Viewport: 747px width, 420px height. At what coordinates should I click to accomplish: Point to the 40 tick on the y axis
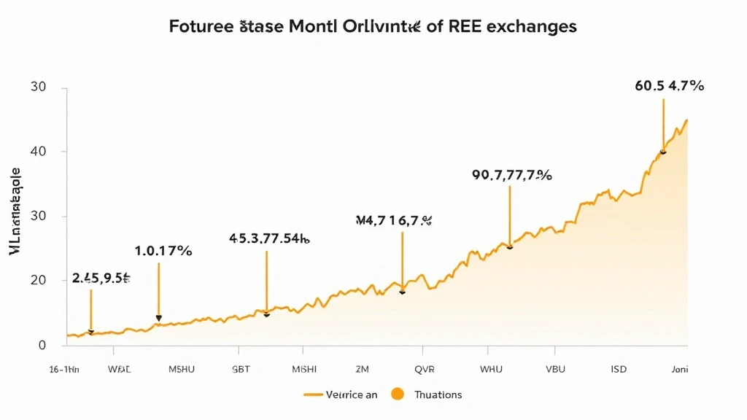(x=38, y=152)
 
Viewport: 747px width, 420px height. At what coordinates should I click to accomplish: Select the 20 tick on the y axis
(x=38, y=281)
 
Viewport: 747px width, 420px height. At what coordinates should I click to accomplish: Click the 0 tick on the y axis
(x=42, y=345)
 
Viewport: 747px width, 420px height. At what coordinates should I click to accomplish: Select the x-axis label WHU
(x=492, y=370)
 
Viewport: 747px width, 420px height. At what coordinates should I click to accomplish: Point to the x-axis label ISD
(x=619, y=370)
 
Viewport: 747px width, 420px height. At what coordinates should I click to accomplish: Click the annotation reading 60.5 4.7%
(x=670, y=86)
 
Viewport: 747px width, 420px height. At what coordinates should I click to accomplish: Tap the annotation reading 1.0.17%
(x=163, y=252)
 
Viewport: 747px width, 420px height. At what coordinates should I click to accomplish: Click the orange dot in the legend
(x=398, y=394)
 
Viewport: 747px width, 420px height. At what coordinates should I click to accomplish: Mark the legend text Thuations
(x=438, y=394)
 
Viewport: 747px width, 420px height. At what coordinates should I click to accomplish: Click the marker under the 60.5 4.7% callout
(x=663, y=151)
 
